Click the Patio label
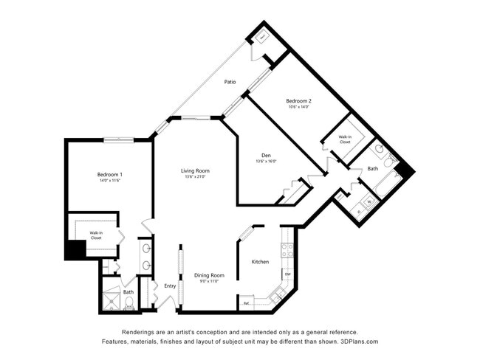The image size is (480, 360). click(x=230, y=82)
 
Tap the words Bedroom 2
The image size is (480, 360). click(x=298, y=100)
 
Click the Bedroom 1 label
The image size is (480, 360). click(x=109, y=174)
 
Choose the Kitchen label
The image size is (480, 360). click(x=260, y=262)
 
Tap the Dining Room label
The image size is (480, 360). click(x=209, y=275)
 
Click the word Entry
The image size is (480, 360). click(x=170, y=285)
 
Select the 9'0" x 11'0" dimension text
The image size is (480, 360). click(x=209, y=281)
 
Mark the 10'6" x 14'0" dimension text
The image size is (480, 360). click(x=298, y=107)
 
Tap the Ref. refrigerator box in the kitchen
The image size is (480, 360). click(x=246, y=302)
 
